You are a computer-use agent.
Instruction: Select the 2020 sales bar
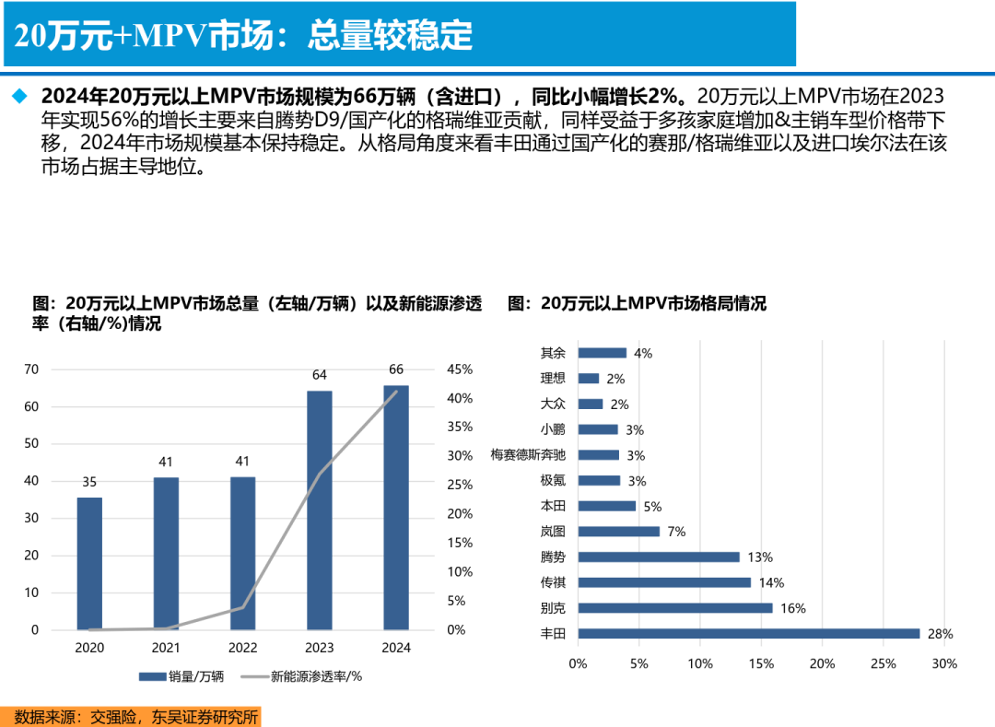[89, 563]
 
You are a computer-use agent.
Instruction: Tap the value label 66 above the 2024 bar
[396, 369]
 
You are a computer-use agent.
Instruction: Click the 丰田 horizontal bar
[748, 633]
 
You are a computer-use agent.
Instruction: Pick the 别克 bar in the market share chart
[674, 607]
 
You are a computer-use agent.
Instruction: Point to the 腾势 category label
[553, 557]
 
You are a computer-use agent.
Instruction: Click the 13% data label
[760, 557]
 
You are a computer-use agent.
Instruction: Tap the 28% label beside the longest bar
[941, 633]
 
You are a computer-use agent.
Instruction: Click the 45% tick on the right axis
[460, 369]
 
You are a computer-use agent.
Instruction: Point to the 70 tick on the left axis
[31, 369]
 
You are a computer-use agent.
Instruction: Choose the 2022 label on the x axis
[243, 648]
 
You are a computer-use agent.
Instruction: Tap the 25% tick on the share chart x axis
[883, 663]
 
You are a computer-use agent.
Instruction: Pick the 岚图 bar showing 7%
[618, 531]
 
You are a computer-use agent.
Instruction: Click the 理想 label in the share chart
[553, 378]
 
